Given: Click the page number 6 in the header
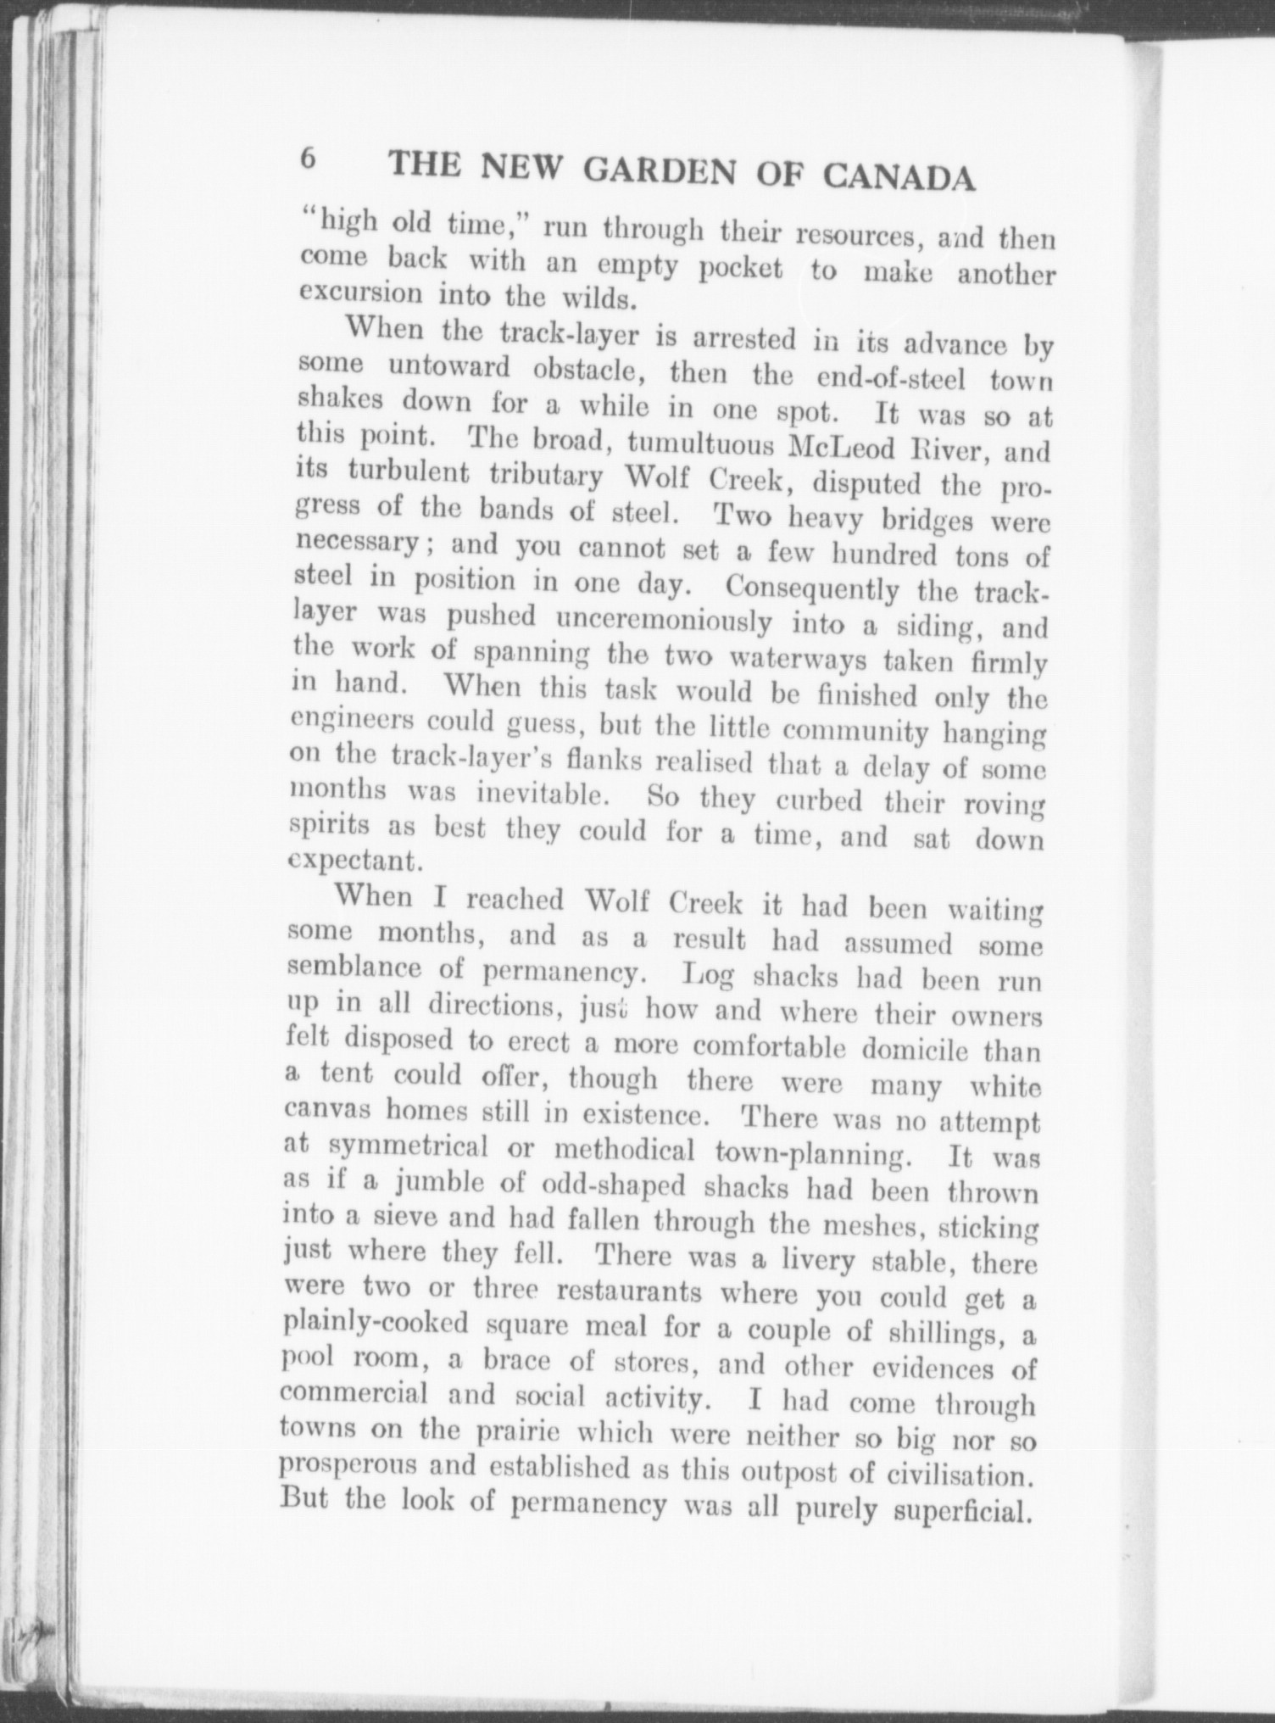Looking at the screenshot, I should point(308,159).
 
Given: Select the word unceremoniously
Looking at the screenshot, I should point(663,622).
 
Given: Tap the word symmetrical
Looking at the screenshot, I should point(408,1146).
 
